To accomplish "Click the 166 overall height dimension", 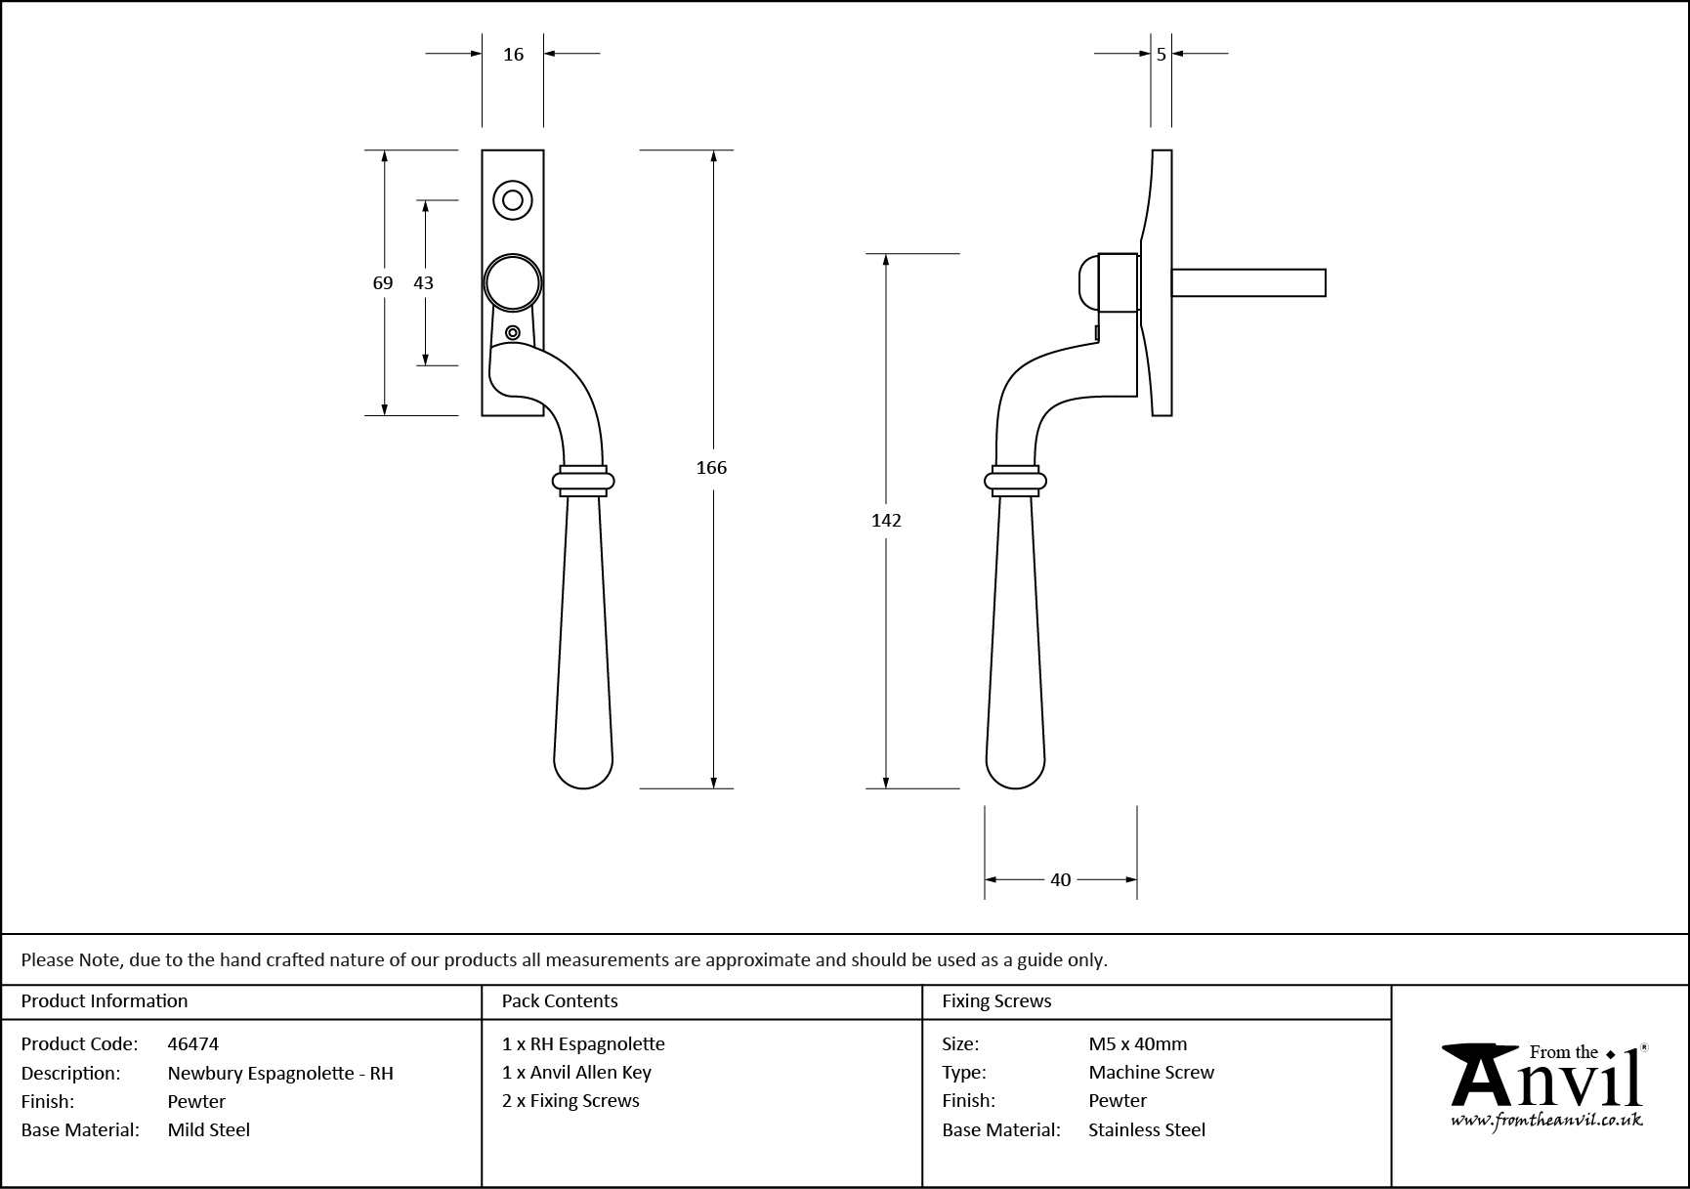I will [711, 468].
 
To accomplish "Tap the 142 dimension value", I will [886, 521].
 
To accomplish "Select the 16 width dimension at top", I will [514, 55].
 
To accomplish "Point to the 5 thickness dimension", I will [1162, 55].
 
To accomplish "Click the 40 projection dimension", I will [1061, 880].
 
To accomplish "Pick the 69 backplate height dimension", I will [383, 283].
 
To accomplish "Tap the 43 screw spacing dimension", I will [423, 283].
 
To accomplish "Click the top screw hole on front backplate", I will [513, 200].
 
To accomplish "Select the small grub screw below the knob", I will [513, 333].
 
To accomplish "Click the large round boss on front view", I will [513, 282].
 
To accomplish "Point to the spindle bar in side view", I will [1248, 282].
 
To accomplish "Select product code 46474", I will [193, 1044].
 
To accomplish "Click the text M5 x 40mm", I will [1138, 1044].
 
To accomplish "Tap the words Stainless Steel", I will [1147, 1130].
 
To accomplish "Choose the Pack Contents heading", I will [560, 1001].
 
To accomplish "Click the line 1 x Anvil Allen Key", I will [576, 1073].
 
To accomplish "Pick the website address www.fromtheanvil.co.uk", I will [1546, 1122].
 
